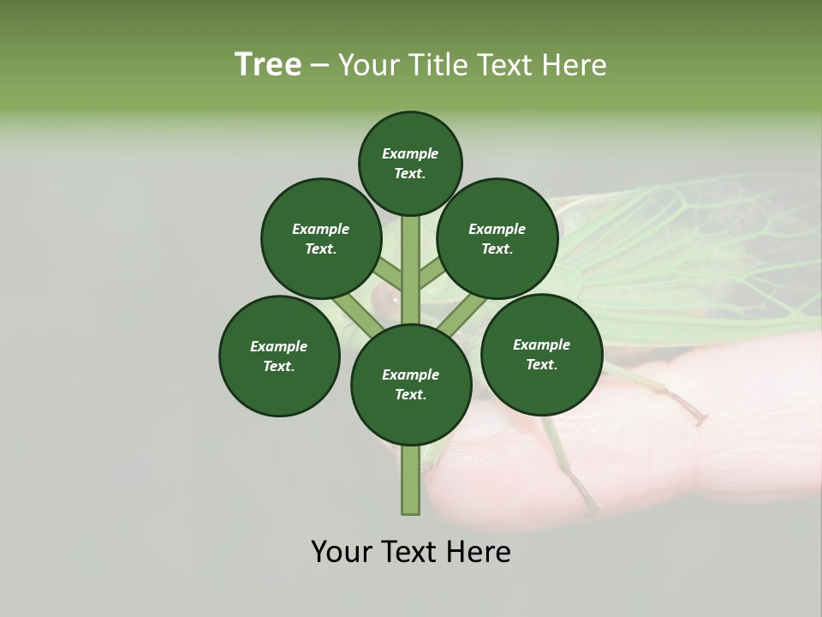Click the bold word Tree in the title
[x=268, y=65]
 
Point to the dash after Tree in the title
[x=319, y=66]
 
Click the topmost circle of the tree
[x=410, y=163]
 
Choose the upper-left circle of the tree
[x=321, y=238]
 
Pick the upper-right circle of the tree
[x=497, y=238]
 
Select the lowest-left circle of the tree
[x=279, y=356]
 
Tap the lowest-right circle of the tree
[x=541, y=354]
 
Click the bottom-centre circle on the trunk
[x=411, y=384]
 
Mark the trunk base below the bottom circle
[x=410, y=480]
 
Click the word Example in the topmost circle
[x=410, y=153]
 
